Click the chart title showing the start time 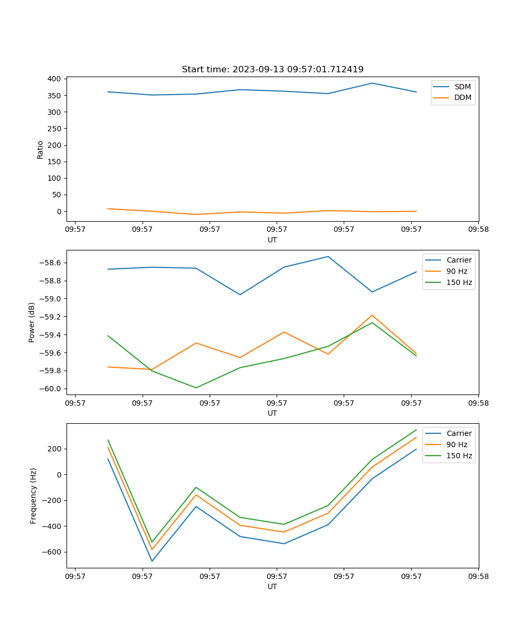[x=272, y=70]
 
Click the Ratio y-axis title [x=40, y=149]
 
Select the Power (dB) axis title [x=32, y=322]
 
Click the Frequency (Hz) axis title [x=33, y=496]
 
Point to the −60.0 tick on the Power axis [x=49, y=389]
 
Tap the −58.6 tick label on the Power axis [x=49, y=263]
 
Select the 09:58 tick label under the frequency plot [x=478, y=576]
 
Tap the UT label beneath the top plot [x=272, y=240]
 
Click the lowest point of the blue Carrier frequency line [x=152, y=561]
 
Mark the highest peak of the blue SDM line [x=372, y=83]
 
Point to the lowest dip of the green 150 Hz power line [x=196, y=388]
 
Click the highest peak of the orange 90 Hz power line [x=372, y=315]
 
